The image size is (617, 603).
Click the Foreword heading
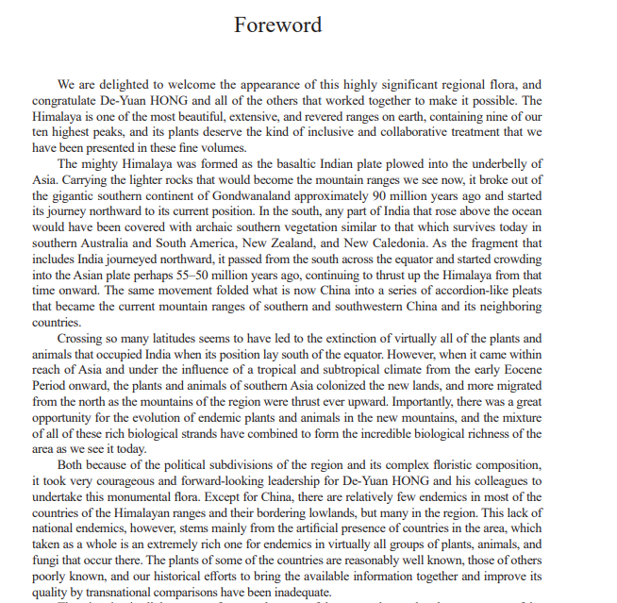[x=277, y=25]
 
